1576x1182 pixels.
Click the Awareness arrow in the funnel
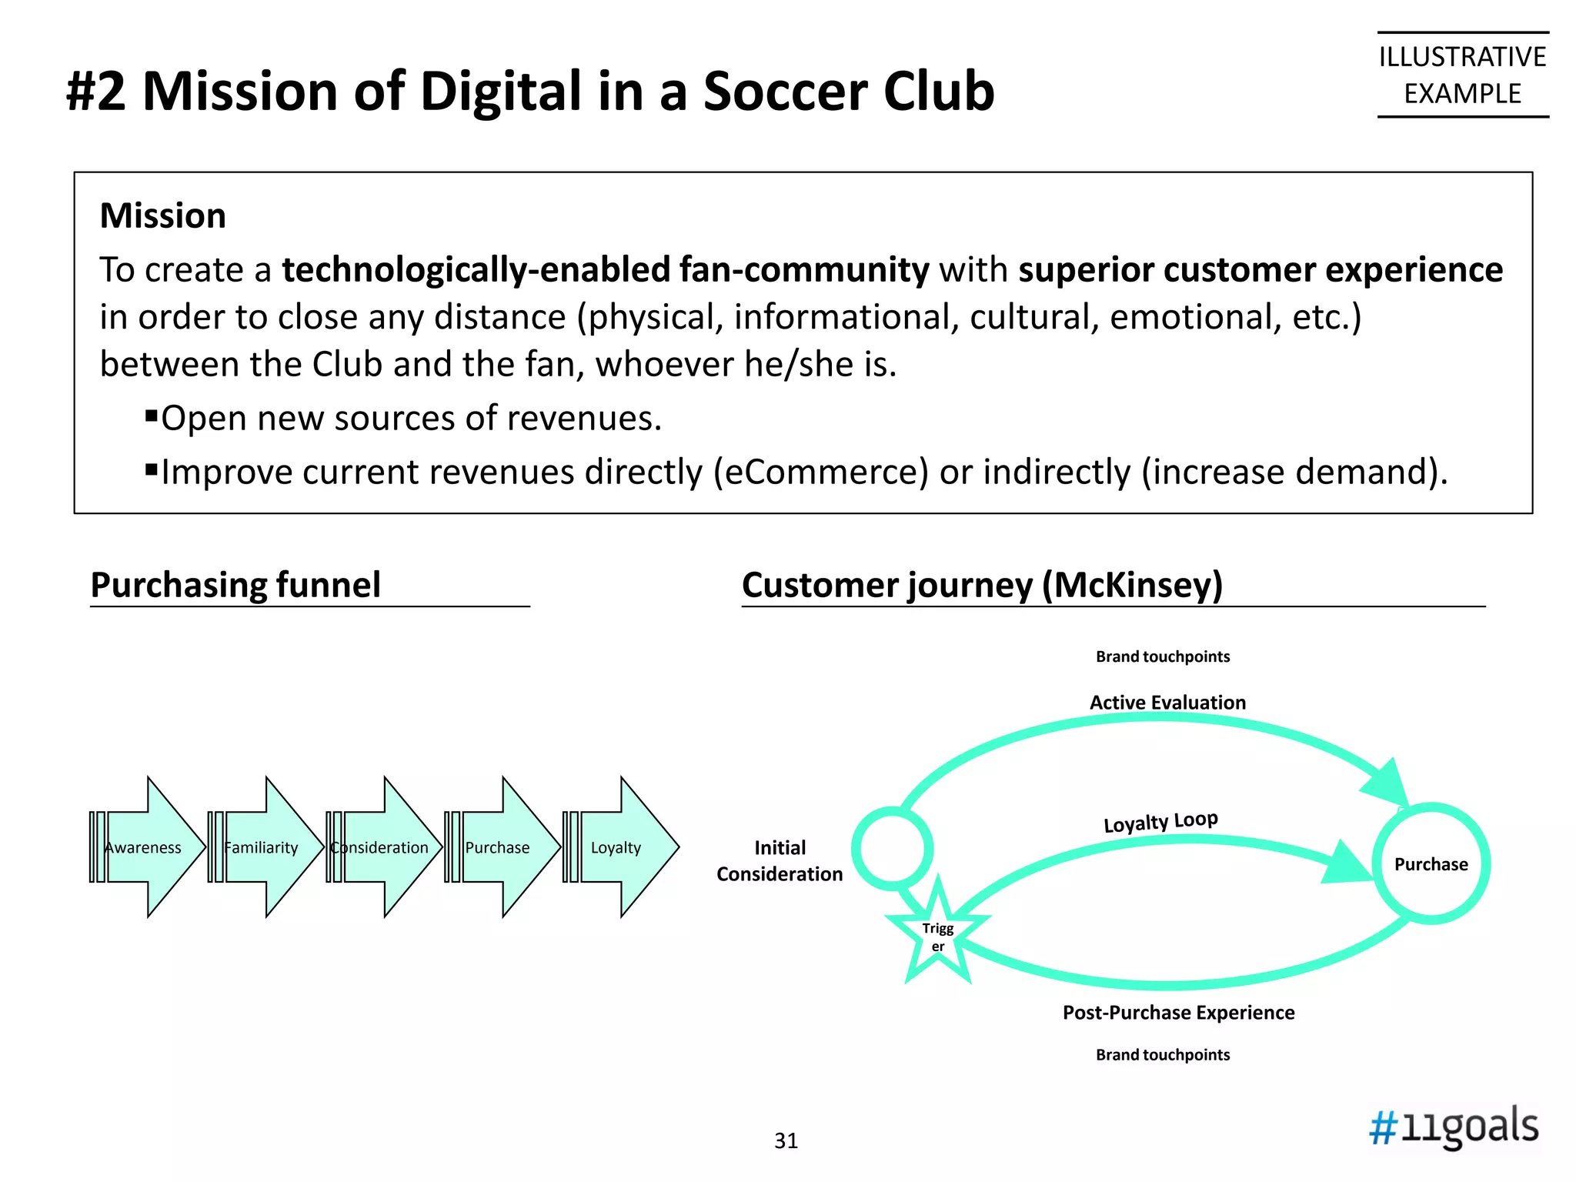pyautogui.click(x=146, y=847)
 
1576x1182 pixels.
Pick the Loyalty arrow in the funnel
pyautogui.click(x=620, y=847)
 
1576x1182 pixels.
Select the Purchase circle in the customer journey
pyautogui.click(x=1431, y=863)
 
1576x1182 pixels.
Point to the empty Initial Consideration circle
pyautogui.click(x=893, y=848)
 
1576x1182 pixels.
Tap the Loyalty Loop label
pyautogui.click(x=1160, y=822)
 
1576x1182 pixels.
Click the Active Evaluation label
pyautogui.click(x=1167, y=703)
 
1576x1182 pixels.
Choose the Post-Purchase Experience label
pyautogui.click(x=1178, y=1013)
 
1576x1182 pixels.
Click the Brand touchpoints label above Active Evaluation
pyautogui.click(x=1163, y=656)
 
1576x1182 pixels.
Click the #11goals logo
pyautogui.click(x=1454, y=1127)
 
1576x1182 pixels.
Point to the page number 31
pyautogui.click(x=786, y=1140)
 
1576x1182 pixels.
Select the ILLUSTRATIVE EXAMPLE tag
pyautogui.click(x=1462, y=75)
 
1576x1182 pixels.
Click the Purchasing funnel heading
pyautogui.click(x=235, y=585)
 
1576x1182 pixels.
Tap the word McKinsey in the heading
pyautogui.click(x=1131, y=585)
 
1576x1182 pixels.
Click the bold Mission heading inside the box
pyautogui.click(x=163, y=215)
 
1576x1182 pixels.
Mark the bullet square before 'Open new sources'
pyautogui.click(x=152, y=417)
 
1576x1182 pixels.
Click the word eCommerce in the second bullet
pyautogui.click(x=821, y=472)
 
